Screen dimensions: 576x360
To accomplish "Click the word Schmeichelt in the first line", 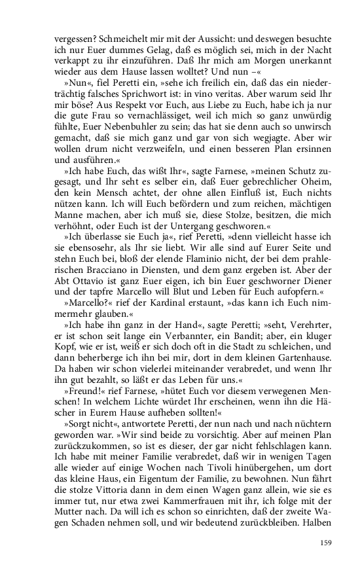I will pos(113,39).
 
